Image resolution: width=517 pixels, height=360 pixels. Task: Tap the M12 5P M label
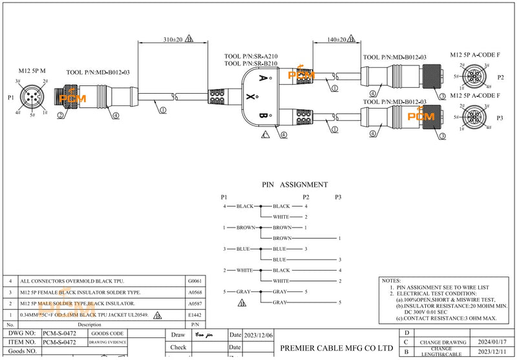pyautogui.click(x=32, y=70)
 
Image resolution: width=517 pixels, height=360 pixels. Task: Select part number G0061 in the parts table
pyautogui.click(x=195, y=282)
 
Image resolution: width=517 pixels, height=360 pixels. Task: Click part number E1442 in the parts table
pyautogui.click(x=195, y=315)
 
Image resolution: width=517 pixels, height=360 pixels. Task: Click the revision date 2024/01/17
pyautogui.click(x=494, y=341)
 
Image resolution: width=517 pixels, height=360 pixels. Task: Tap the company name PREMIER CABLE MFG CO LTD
pyautogui.click(x=337, y=348)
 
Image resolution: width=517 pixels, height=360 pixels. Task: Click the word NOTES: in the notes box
pyautogui.click(x=392, y=281)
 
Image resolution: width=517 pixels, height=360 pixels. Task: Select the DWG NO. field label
pyautogui.click(x=21, y=332)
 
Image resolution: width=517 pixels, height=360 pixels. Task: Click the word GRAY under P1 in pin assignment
pyautogui.click(x=243, y=291)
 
